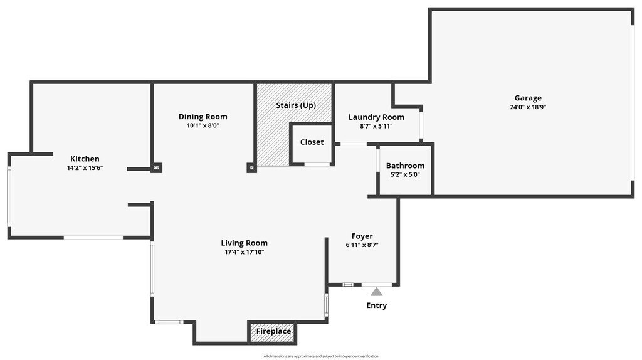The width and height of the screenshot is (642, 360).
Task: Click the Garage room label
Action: [528, 98]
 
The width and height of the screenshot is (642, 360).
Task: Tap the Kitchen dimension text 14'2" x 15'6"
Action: [85, 168]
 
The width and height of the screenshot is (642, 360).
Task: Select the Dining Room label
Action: [203, 117]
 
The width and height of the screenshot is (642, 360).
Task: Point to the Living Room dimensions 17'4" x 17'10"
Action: [244, 252]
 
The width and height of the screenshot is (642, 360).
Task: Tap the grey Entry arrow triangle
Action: [376, 292]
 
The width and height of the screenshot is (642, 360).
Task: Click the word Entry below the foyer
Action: [376, 305]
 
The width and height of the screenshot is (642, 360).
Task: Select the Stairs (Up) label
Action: [296, 105]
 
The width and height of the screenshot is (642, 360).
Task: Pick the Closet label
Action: [312, 142]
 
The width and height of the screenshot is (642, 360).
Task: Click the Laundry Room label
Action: [376, 117]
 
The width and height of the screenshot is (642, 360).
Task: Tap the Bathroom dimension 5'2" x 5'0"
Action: [405, 174]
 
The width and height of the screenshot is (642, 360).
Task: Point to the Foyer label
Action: [362, 236]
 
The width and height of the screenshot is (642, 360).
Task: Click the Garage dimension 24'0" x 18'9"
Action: [528, 107]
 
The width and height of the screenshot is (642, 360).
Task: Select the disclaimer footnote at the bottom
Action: [321, 356]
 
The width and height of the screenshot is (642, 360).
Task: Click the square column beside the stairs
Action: [251, 168]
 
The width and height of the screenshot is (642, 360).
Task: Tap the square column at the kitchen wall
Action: [156, 168]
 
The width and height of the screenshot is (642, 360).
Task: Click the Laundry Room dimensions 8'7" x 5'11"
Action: [376, 126]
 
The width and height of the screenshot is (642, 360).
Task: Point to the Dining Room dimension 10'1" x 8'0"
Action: [203, 125]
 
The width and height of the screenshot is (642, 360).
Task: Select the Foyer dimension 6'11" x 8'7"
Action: [362, 245]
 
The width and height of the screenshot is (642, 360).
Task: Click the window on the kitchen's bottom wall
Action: [93, 237]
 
